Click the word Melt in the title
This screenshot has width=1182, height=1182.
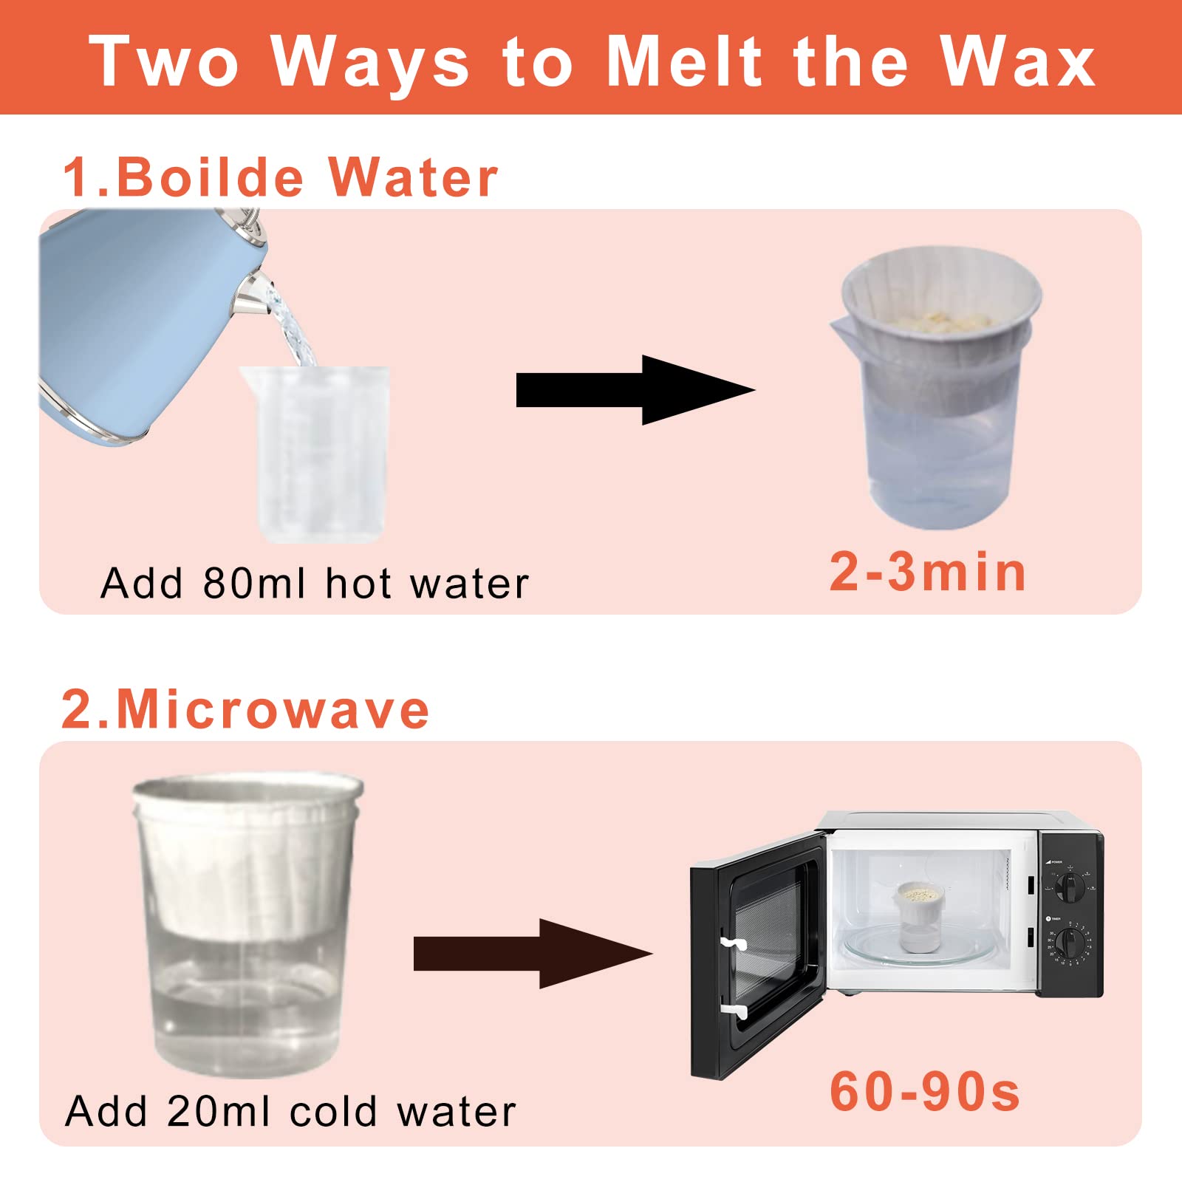[684, 61]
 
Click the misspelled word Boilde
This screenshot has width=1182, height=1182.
[210, 177]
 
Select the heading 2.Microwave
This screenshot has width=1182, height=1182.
[245, 709]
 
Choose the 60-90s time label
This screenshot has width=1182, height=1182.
[925, 1091]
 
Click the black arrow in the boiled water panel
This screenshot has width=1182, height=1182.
[635, 390]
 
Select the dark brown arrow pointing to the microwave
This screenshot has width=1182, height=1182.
[533, 954]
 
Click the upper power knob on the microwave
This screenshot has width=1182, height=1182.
[1069, 885]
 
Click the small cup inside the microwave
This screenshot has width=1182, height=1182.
[919, 916]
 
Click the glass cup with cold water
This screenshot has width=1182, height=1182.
[248, 925]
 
